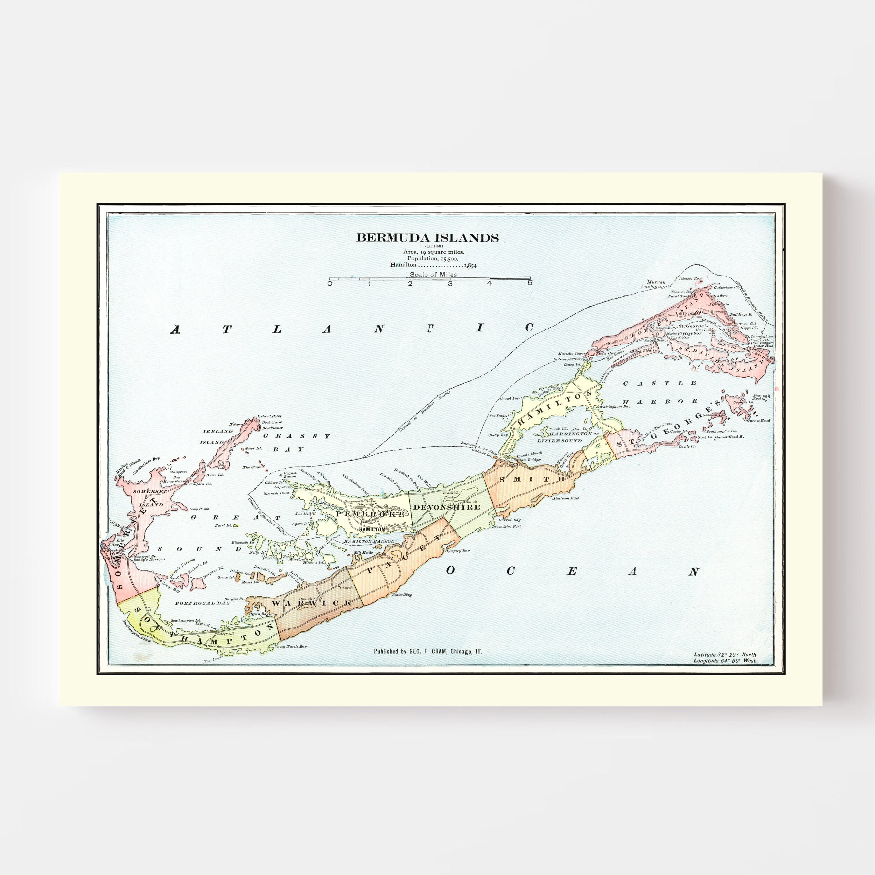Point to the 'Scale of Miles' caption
pyautogui.click(x=433, y=274)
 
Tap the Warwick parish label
pyautogui.click(x=312, y=603)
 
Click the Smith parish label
pyautogui.click(x=532, y=479)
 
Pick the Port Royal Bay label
pyautogui.click(x=202, y=603)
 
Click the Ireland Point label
pyautogui.click(x=269, y=416)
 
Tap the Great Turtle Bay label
pyautogui.click(x=291, y=646)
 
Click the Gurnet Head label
pyautogui.click(x=759, y=421)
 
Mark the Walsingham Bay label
pyautogui.click(x=615, y=407)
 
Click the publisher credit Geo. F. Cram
pyautogui.click(x=428, y=651)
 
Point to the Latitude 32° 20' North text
pyautogui.click(x=724, y=654)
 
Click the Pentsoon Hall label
pyautogui.click(x=566, y=498)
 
